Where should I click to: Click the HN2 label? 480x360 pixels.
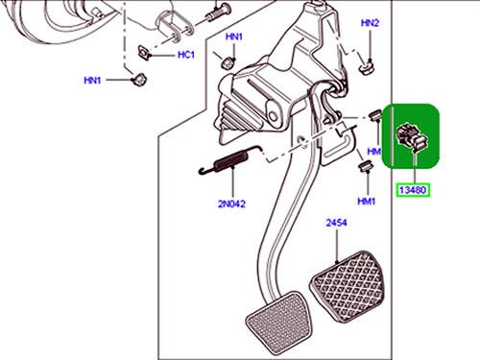coord(370,23)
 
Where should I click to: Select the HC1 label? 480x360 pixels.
coord(186,55)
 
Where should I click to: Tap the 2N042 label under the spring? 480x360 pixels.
coord(231,204)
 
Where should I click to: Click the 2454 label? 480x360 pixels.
coord(336,223)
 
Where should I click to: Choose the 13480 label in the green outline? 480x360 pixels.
coord(413,190)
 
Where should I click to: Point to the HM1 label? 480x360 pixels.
coord(367,202)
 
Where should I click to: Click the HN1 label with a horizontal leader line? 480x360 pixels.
coord(92,81)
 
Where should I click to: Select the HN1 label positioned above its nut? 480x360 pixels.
coord(234,36)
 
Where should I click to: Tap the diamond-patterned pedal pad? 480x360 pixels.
coord(348,286)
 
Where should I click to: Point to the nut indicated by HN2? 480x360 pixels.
coord(367,67)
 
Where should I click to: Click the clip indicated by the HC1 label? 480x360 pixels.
coord(144,53)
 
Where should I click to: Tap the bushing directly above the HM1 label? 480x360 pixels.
coord(365,167)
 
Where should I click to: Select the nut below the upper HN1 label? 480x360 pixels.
coord(228,61)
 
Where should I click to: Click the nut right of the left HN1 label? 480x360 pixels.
coord(139,80)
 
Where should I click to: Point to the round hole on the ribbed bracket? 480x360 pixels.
coord(273,116)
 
